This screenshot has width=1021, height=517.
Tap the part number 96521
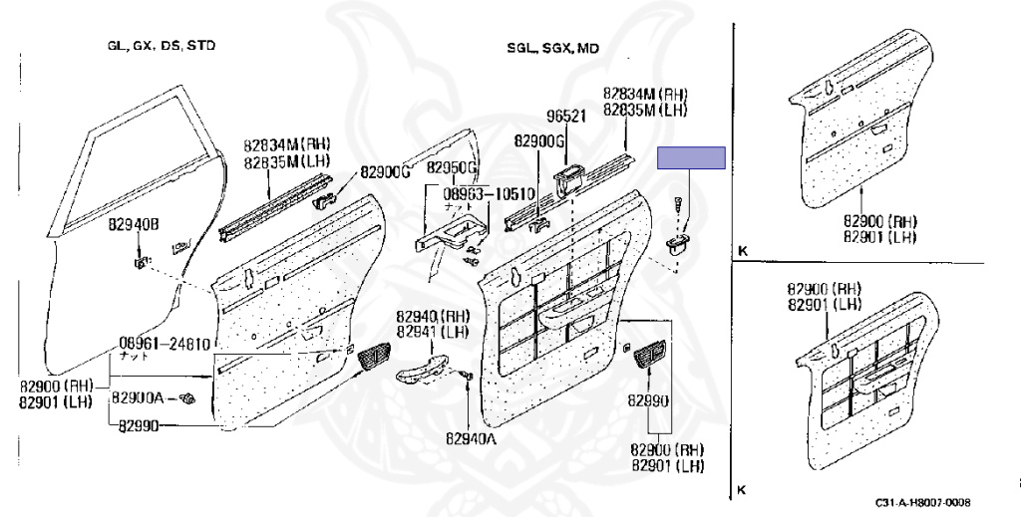564,115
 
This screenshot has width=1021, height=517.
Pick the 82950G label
453,166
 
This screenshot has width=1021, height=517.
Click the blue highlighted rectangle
691,158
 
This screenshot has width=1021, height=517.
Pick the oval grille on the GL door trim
374,355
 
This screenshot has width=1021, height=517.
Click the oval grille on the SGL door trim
649,356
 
